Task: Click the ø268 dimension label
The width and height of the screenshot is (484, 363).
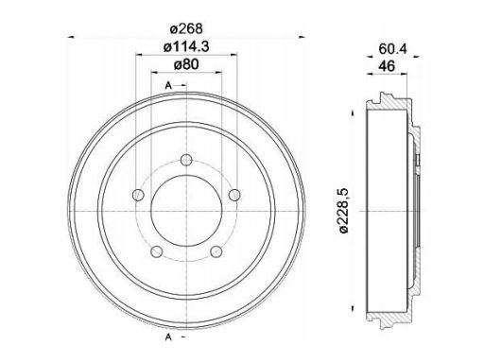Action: [x=186, y=28]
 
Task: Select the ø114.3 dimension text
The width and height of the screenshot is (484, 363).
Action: [x=186, y=47]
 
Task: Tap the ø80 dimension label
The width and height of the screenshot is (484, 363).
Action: [x=186, y=64]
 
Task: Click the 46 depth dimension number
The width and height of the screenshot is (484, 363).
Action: [x=387, y=66]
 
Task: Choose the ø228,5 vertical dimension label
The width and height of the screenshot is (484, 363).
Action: [x=344, y=210]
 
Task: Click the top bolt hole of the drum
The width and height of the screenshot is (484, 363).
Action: [x=187, y=160]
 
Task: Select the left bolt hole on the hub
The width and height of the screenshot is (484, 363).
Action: [x=138, y=195]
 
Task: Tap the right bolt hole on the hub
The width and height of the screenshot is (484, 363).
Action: [x=234, y=195]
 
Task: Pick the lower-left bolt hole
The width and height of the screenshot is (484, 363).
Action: [x=157, y=251]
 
